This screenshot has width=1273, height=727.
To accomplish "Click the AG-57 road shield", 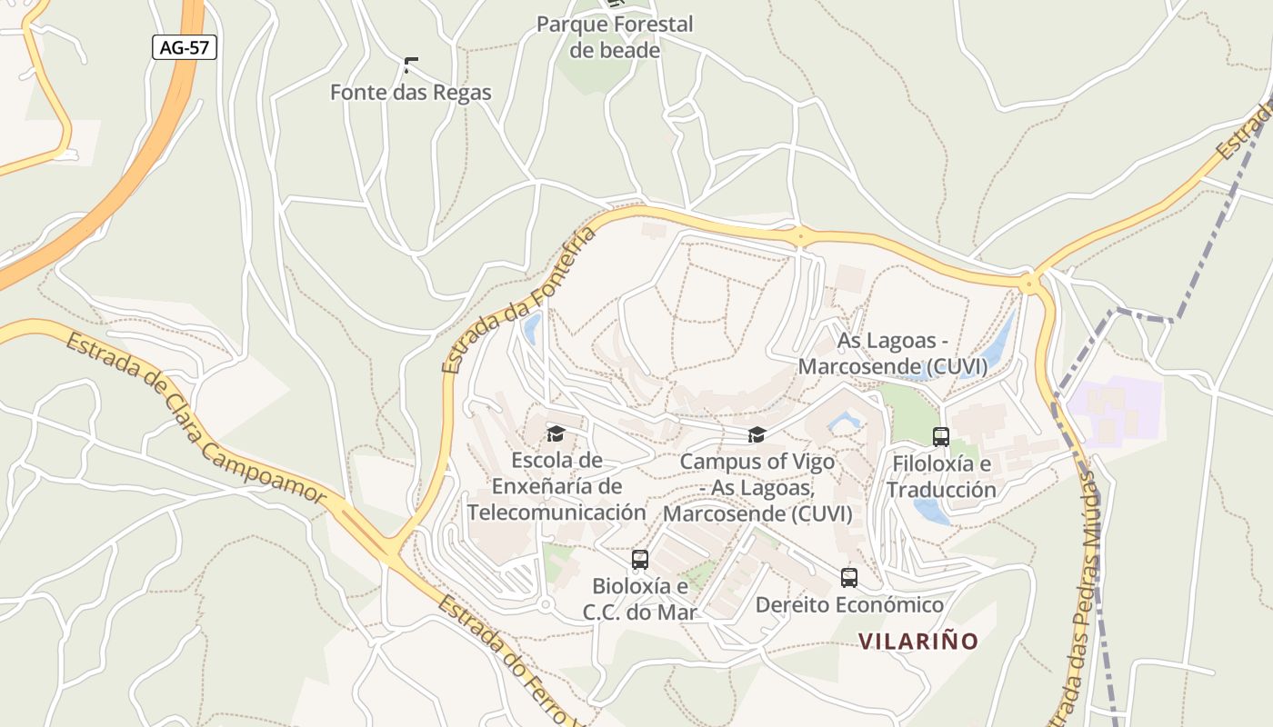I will pos(185,48).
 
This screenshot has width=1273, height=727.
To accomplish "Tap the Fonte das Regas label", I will pos(410,93).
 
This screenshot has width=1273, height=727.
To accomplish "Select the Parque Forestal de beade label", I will pos(615,37).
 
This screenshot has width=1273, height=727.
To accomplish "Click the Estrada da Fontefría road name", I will pos(520,301).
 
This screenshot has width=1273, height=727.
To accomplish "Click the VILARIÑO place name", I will pos(918,642).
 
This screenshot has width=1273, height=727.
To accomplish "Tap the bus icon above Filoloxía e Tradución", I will pos(941,437).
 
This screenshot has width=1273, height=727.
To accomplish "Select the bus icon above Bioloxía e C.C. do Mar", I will pos(640,559).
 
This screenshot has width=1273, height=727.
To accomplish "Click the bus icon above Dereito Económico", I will pos(849,577).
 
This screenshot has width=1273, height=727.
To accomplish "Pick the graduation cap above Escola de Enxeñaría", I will pos(556,434).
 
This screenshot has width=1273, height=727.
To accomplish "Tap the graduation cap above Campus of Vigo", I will pos(757,435).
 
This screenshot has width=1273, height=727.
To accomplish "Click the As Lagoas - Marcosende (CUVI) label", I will pos(892,354).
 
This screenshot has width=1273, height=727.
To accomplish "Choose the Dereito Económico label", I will pos(849,605).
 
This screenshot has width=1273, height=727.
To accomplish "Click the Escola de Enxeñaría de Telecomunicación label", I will pos(556,486).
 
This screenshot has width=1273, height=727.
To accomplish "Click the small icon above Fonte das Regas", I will pos(410,65).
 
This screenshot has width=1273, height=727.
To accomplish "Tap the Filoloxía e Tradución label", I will pos(942,477).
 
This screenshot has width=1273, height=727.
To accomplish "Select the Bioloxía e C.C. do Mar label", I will pos(640,599).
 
